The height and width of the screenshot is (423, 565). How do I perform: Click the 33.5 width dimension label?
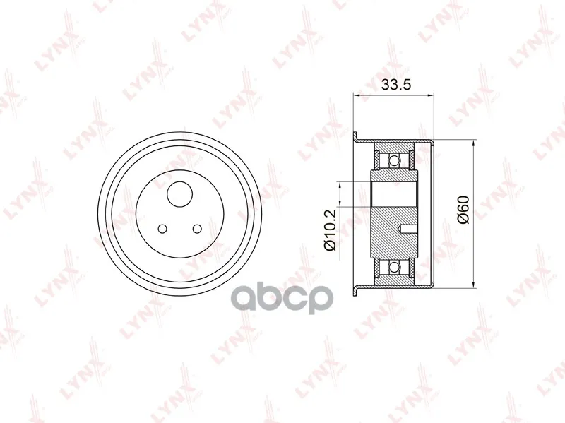[396, 85]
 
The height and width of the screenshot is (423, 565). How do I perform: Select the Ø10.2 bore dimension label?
[330, 230]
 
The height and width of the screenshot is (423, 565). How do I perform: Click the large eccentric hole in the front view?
[180, 193]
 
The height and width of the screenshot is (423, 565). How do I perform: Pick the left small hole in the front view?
[162, 228]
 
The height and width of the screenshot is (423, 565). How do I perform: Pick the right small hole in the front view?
[197, 228]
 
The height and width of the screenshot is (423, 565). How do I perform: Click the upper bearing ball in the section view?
[395, 160]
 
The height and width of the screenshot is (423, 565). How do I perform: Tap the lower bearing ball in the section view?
[395, 267]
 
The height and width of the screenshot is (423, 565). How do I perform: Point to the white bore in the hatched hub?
[394, 195]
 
